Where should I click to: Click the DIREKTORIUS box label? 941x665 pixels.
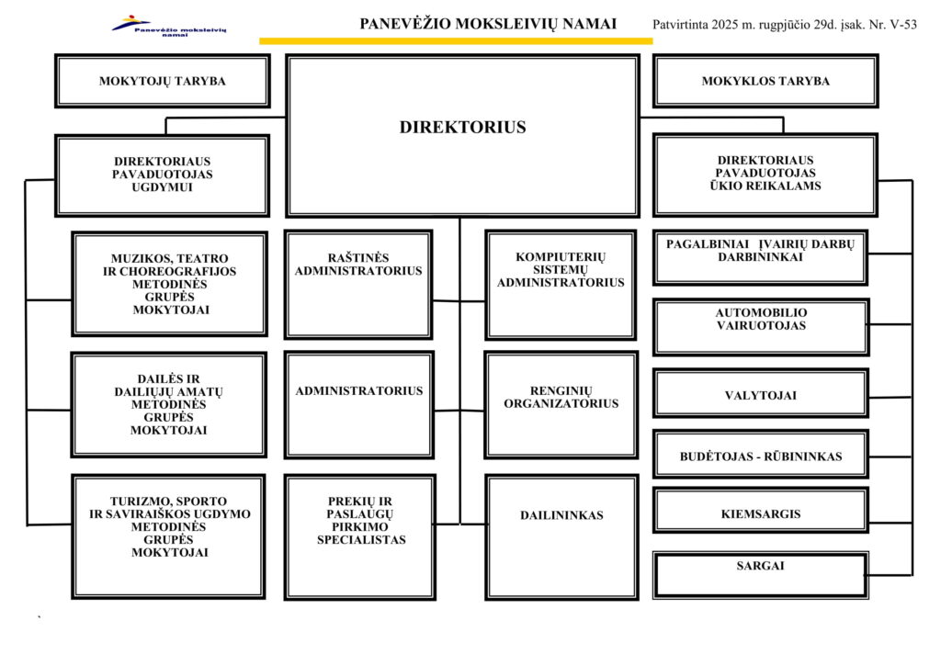[462, 128]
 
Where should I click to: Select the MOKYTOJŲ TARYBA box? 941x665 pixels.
[163, 81]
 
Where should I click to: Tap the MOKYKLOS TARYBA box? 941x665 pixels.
[765, 81]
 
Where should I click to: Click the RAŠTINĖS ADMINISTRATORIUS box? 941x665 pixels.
[358, 285]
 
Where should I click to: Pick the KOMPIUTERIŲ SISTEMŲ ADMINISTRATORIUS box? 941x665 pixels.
[561, 285]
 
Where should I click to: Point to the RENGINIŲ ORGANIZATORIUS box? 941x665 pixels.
[561, 404]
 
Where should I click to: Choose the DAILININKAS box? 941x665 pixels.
[561, 536]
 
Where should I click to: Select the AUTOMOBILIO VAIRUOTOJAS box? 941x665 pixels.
[761, 326]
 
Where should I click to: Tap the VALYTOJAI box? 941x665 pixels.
[761, 396]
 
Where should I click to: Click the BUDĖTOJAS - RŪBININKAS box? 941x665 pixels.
[761, 456]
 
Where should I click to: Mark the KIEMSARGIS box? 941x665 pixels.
[761, 513]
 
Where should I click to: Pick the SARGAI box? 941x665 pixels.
[761, 574]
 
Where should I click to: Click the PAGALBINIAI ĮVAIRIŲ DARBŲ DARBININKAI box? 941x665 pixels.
[761, 257]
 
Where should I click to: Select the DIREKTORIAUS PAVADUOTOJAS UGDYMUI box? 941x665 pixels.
[163, 175]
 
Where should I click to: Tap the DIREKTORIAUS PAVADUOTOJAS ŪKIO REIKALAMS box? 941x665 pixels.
[765, 175]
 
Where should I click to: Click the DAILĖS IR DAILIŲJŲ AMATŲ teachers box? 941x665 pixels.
[169, 404]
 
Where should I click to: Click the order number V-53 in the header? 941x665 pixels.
[902, 25]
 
